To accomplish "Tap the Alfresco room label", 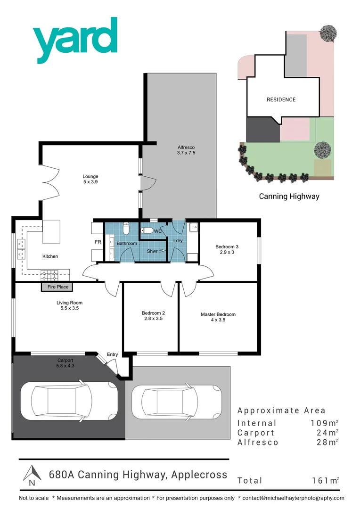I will pyautogui.click(x=186, y=150).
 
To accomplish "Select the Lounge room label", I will pyautogui.click(x=90, y=179).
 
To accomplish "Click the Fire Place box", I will pyautogui.click(x=58, y=287).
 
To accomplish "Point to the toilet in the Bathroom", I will pyautogui.click(x=125, y=229).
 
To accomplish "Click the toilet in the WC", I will pyautogui.click(x=147, y=231).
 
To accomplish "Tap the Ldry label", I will pyautogui.click(x=178, y=241).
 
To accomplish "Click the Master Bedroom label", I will pyautogui.click(x=218, y=317).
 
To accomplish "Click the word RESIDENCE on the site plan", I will pyautogui.click(x=281, y=99).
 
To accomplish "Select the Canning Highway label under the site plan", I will pyautogui.click(x=289, y=196).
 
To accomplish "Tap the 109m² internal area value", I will pyautogui.click(x=322, y=423).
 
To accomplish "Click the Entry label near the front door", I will pyautogui.click(x=112, y=354).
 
